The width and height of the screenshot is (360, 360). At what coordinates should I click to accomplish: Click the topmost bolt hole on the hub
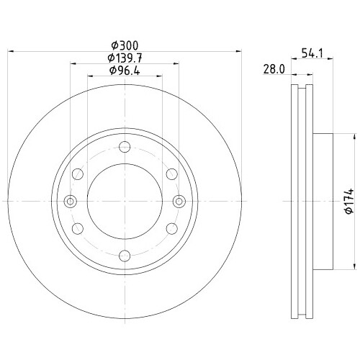click(125, 148)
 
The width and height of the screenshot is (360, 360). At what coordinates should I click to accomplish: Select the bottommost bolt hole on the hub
click(125, 254)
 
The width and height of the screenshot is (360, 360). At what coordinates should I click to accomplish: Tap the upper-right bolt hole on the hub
click(171, 174)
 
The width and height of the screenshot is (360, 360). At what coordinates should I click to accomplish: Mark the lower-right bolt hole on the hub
click(171, 228)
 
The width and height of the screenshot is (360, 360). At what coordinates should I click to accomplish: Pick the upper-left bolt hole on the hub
click(78, 174)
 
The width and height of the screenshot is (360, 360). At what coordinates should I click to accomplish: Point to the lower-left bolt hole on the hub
click(78, 228)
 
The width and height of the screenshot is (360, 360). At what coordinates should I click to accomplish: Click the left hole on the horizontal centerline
click(70, 201)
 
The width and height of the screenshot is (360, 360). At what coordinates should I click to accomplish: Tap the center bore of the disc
click(125, 201)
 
